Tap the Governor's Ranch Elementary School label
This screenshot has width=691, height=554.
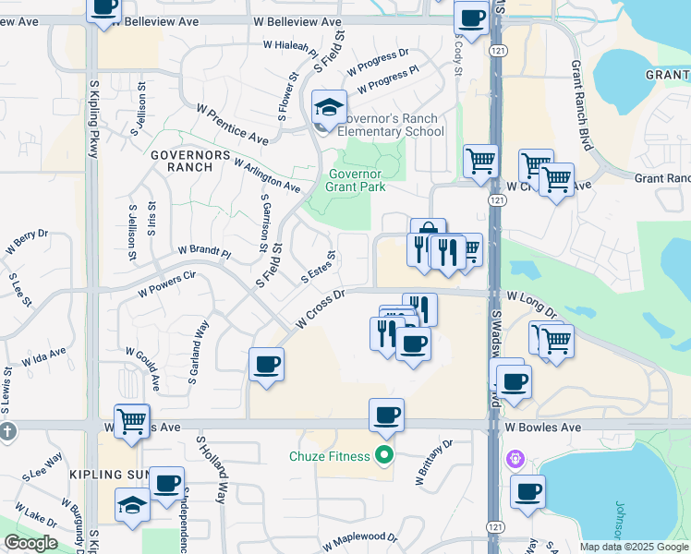(390, 125)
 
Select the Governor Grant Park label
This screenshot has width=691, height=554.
(355, 180)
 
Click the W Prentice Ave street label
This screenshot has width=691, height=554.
(232, 124)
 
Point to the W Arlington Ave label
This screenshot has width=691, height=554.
(267, 175)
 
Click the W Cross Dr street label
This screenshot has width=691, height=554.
(320, 311)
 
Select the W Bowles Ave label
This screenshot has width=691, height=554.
(542, 428)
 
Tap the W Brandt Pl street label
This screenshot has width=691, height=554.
(204, 250)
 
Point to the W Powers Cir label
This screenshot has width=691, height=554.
(168, 282)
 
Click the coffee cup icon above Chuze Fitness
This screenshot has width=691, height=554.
(386, 415)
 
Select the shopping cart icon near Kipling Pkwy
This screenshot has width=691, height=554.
(131, 421)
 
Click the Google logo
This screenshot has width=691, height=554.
(31, 543)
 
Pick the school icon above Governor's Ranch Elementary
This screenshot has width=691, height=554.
(329, 108)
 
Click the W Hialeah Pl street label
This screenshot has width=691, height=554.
(291, 43)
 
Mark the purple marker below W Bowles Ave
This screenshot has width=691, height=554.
(515, 457)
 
